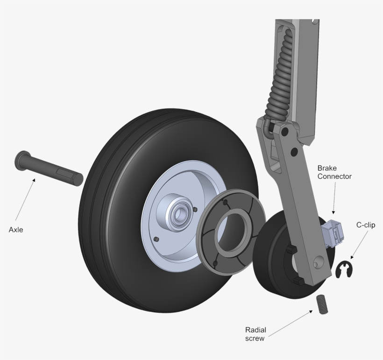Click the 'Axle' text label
[16, 230]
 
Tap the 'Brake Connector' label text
[334, 172]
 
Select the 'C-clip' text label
[366, 225]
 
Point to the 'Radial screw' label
[256, 333]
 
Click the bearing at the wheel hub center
[179, 214]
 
